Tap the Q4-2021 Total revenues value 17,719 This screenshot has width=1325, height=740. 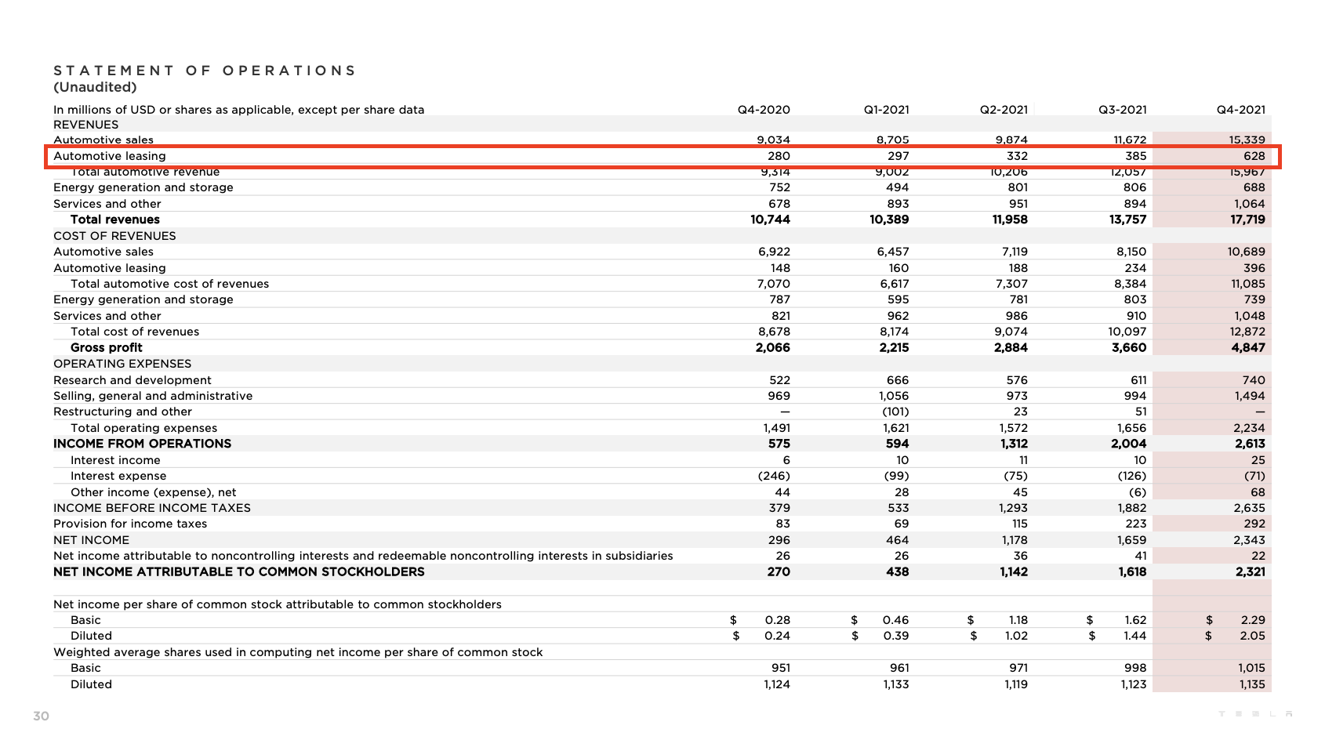[x=1247, y=219]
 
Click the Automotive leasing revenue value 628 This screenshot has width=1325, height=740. [x=1254, y=156]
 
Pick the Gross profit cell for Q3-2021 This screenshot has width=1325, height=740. [x=1128, y=347]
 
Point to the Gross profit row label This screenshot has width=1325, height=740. [x=107, y=347]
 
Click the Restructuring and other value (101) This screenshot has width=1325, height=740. [x=895, y=412]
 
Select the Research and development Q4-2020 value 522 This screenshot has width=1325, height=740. [x=779, y=380]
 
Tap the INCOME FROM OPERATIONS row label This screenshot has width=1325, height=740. [x=142, y=444]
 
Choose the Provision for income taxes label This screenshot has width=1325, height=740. [x=130, y=524]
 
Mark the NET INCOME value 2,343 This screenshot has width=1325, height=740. [x=1249, y=540]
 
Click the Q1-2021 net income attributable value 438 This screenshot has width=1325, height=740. [x=897, y=571]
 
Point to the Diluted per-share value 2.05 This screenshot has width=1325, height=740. [x=1252, y=636]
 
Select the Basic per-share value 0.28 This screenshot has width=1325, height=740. [x=777, y=620]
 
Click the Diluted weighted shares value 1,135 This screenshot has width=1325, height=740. [x=1251, y=684]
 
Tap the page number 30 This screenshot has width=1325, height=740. [x=42, y=716]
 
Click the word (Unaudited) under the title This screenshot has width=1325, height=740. [x=95, y=87]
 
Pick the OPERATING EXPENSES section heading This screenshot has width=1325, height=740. [x=122, y=364]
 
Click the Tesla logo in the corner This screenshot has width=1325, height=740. [x=1255, y=714]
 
